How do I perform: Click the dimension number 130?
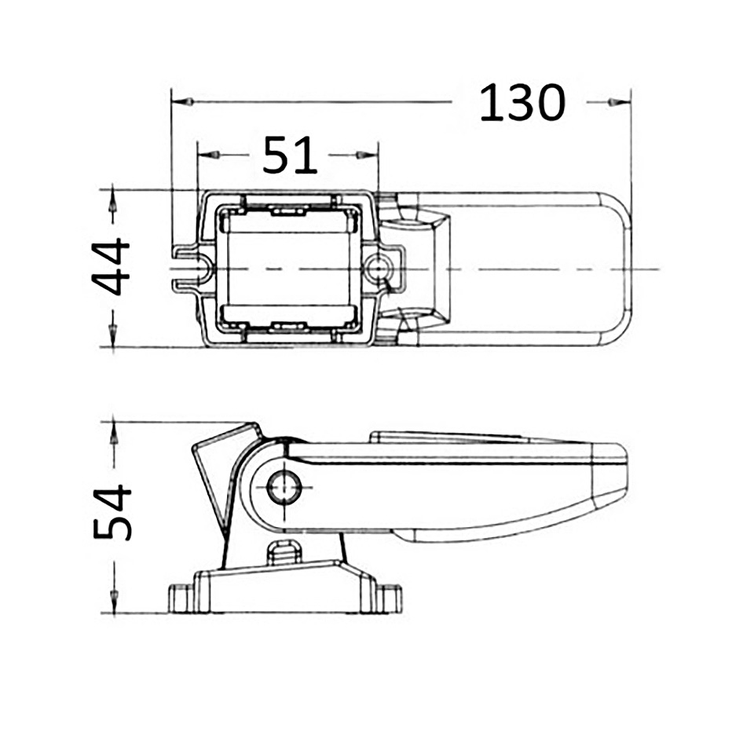[522, 102]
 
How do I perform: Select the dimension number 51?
[290, 155]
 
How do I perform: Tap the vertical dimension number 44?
[111, 267]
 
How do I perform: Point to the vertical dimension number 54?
[112, 513]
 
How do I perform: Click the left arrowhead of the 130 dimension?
[183, 102]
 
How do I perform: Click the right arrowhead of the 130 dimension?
[620, 102]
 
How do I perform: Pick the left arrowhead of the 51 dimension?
[209, 155]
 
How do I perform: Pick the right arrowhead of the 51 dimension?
[368, 155]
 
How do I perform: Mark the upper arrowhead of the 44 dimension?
[112, 201]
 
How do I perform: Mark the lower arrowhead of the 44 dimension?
[112, 335]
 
